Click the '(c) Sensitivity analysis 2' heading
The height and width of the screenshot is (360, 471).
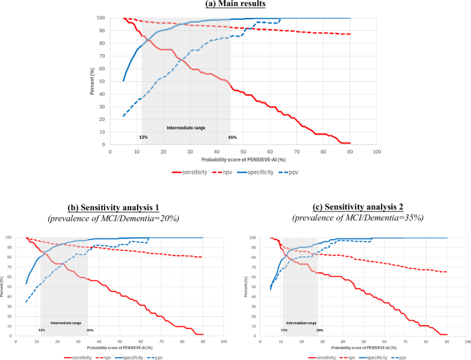tap(355, 207)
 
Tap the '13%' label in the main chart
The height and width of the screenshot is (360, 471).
tap(143, 137)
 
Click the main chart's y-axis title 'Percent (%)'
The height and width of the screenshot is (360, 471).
tap(91, 80)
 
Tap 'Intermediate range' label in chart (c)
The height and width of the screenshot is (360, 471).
tap(301, 322)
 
